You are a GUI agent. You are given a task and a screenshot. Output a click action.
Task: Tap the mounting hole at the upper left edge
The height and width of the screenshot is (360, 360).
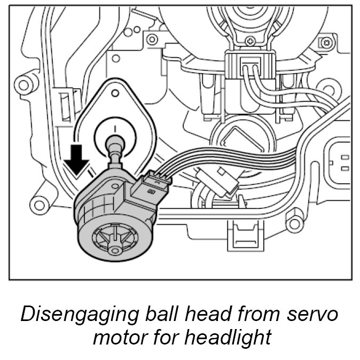pyautogui.click(x=22, y=84)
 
